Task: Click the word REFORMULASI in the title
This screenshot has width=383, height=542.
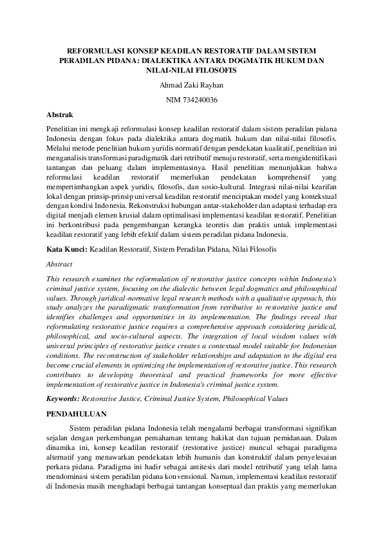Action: click(x=96, y=49)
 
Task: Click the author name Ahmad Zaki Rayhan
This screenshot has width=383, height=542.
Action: click(x=191, y=85)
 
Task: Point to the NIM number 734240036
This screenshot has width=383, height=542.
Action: click(x=191, y=100)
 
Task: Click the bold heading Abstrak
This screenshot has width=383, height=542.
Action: click(x=60, y=115)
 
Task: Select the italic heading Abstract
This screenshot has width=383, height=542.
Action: click(x=60, y=264)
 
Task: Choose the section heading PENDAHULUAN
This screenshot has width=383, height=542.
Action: click(x=77, y=414)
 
